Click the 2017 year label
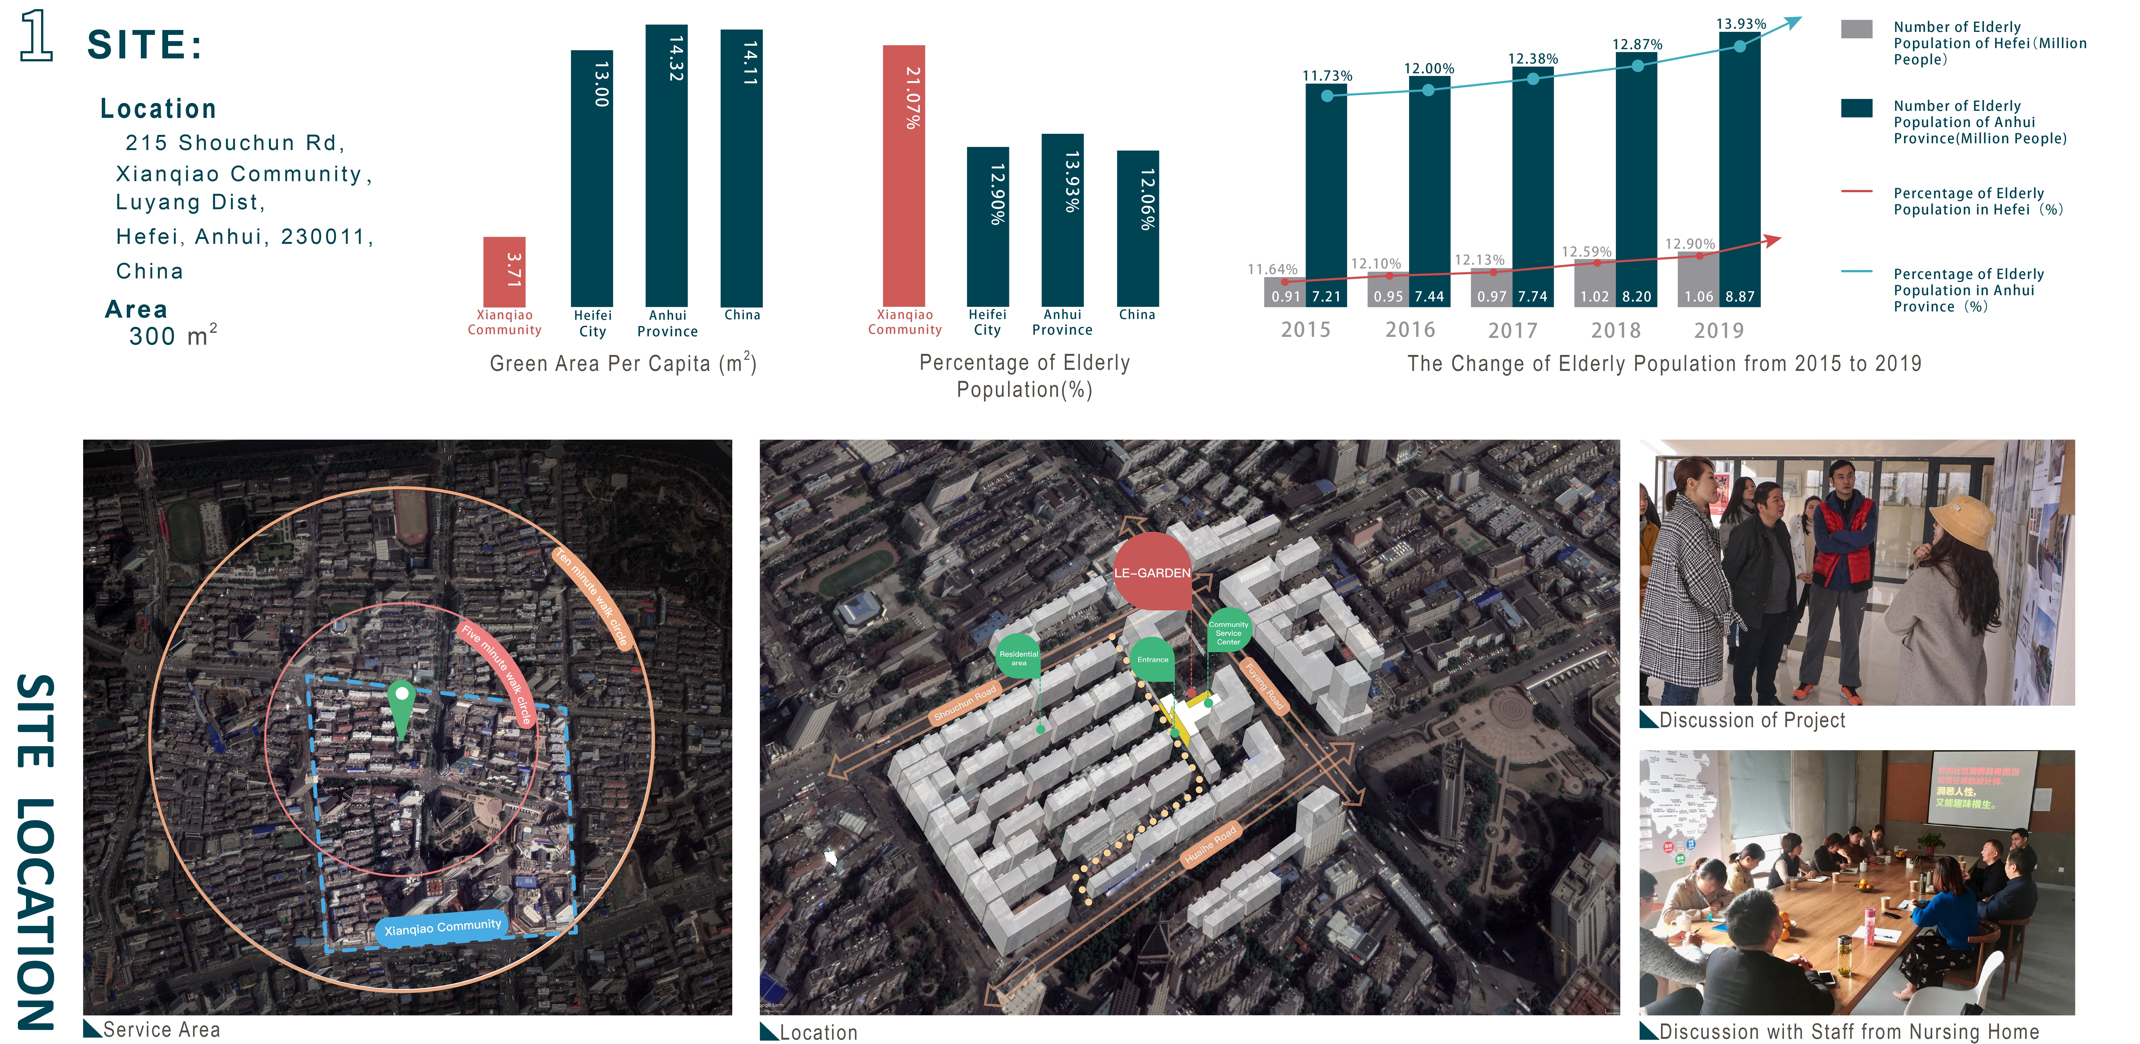(1513, 331)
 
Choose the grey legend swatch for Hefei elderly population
(1856, 29)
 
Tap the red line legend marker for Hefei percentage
(1856, 192)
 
